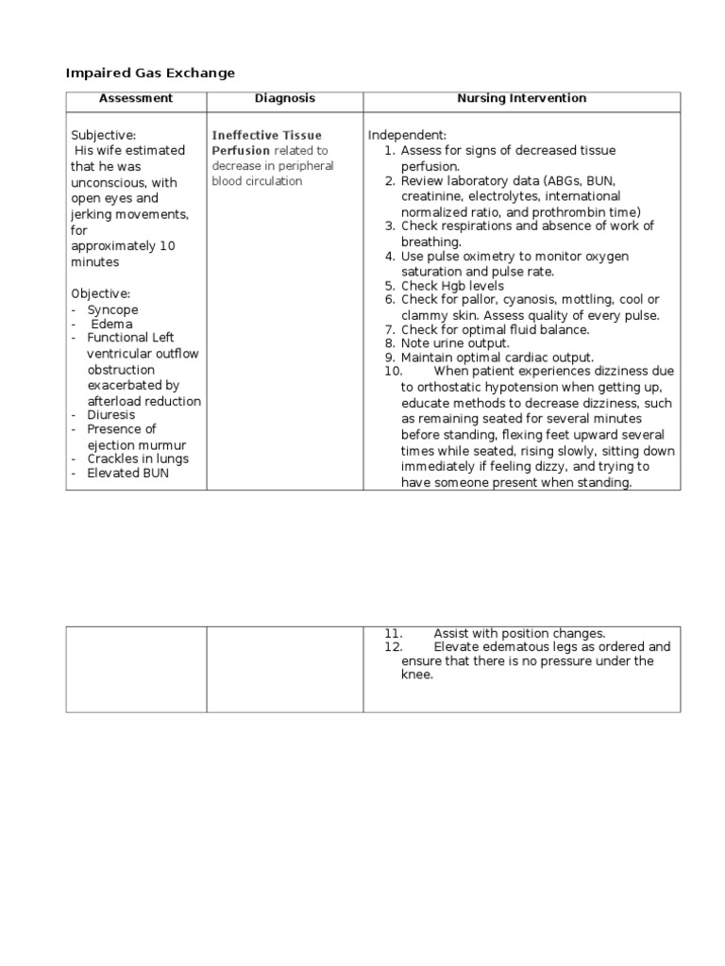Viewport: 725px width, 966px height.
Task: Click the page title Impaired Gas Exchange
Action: click(x=150, y=73)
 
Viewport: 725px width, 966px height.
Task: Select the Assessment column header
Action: click(x=136, y=98)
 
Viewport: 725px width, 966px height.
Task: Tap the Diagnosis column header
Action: click(x=285, y=98)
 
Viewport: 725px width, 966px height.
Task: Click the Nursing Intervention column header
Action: click(x=521, y=98)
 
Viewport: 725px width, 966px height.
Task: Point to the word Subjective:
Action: click(x=104, y=136)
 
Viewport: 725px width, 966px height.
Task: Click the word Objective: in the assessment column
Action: click(x=100, y=293)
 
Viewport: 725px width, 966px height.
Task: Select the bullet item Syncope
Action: click(x=112, y=309)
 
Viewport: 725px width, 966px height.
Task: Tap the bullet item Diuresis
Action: click(x=111, y=414)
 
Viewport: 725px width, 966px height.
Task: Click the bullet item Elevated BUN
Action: click(x=128, y=474)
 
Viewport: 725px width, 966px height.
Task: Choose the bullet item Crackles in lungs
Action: click(x=138, y=458)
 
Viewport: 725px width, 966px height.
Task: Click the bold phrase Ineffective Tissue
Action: click(x=267, y=136)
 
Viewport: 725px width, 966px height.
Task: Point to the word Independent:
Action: click(x=399, y=136)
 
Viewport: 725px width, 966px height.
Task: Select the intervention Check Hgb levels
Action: click(x=452, y=286)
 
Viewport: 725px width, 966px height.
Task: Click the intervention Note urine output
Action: click(x=455, y=343)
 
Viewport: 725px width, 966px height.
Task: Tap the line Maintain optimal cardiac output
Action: click(x=497, y=358)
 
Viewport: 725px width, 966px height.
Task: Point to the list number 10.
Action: click(x=394, y=372)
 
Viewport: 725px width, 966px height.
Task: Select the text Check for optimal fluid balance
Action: click(x=495, y=329)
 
